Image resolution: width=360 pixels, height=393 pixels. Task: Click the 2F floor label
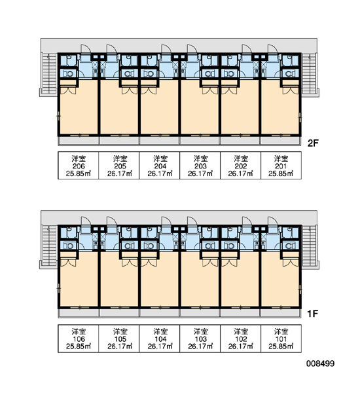313,143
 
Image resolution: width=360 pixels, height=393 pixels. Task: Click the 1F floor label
313,313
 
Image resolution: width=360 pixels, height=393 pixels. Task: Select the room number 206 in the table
79,166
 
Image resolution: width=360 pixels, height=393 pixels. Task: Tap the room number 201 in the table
281,166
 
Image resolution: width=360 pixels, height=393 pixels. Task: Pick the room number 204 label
160,166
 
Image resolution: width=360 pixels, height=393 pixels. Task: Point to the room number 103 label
200,339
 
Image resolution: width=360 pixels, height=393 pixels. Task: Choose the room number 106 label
79,339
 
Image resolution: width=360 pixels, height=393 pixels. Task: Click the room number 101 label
281,339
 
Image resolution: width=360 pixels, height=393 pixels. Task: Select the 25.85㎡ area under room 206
79,174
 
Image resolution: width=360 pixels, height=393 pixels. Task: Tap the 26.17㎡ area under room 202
240,174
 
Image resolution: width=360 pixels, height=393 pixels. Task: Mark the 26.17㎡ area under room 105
120,346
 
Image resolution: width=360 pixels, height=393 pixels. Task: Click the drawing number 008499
320,364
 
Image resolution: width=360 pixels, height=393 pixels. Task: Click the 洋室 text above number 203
200,159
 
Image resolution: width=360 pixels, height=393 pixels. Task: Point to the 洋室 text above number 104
160,331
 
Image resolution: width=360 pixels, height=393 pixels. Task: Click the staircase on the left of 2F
49,73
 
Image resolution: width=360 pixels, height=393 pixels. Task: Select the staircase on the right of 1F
310,246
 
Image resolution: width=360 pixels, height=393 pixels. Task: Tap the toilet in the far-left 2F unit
68,74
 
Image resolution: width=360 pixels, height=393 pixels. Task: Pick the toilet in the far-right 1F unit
290,246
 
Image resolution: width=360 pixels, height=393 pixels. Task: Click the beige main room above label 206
79,110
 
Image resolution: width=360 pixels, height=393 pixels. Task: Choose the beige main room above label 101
280,282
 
